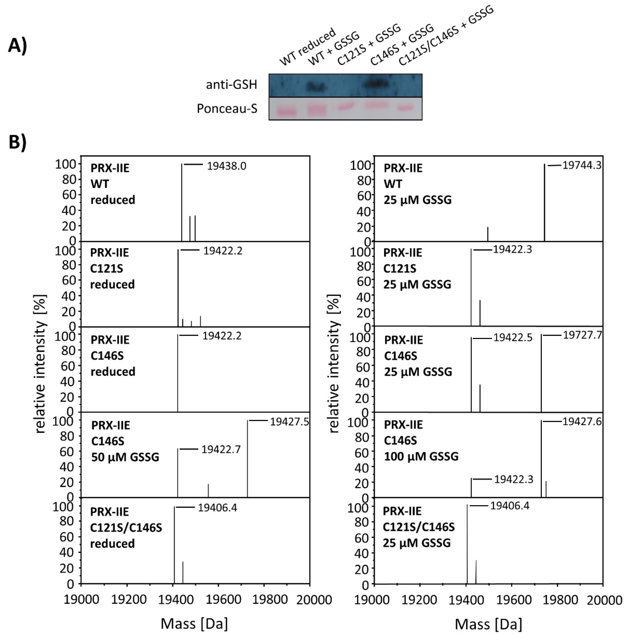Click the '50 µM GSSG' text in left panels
125,457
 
